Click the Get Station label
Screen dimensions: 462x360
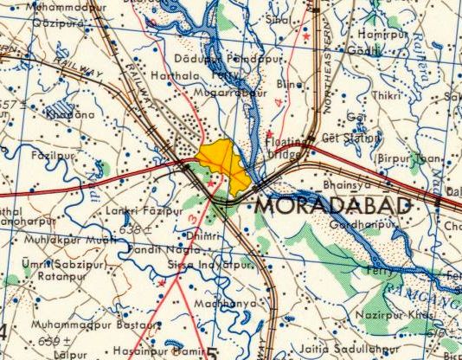tap(350, 137)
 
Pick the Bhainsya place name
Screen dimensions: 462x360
tap(344, 184)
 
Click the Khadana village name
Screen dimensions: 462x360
tap(68, 113)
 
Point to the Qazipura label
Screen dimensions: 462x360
tap(58, 24)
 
